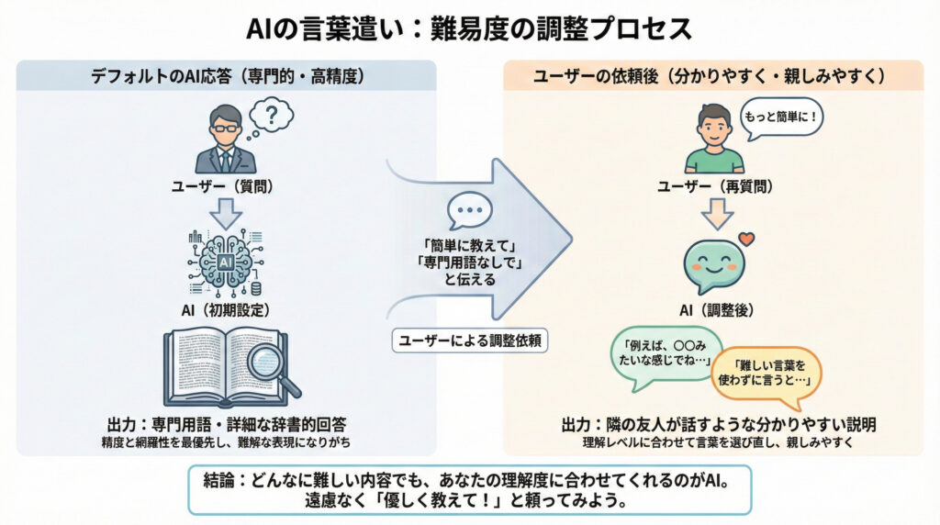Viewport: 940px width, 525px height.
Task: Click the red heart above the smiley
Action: tap(745, 240)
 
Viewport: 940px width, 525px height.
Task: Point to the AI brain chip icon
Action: tap(225, 261)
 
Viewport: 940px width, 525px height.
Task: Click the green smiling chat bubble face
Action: tap(713, 262)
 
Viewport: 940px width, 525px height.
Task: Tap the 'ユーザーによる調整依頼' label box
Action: tap(469, 340)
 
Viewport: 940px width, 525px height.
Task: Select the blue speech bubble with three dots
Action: tap(469, 211)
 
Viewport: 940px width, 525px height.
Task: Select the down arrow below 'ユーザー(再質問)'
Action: tap(713, 214)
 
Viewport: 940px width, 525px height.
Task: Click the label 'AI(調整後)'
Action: tap(713, 310)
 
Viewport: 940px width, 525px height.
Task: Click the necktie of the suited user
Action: tap(226, 160)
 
